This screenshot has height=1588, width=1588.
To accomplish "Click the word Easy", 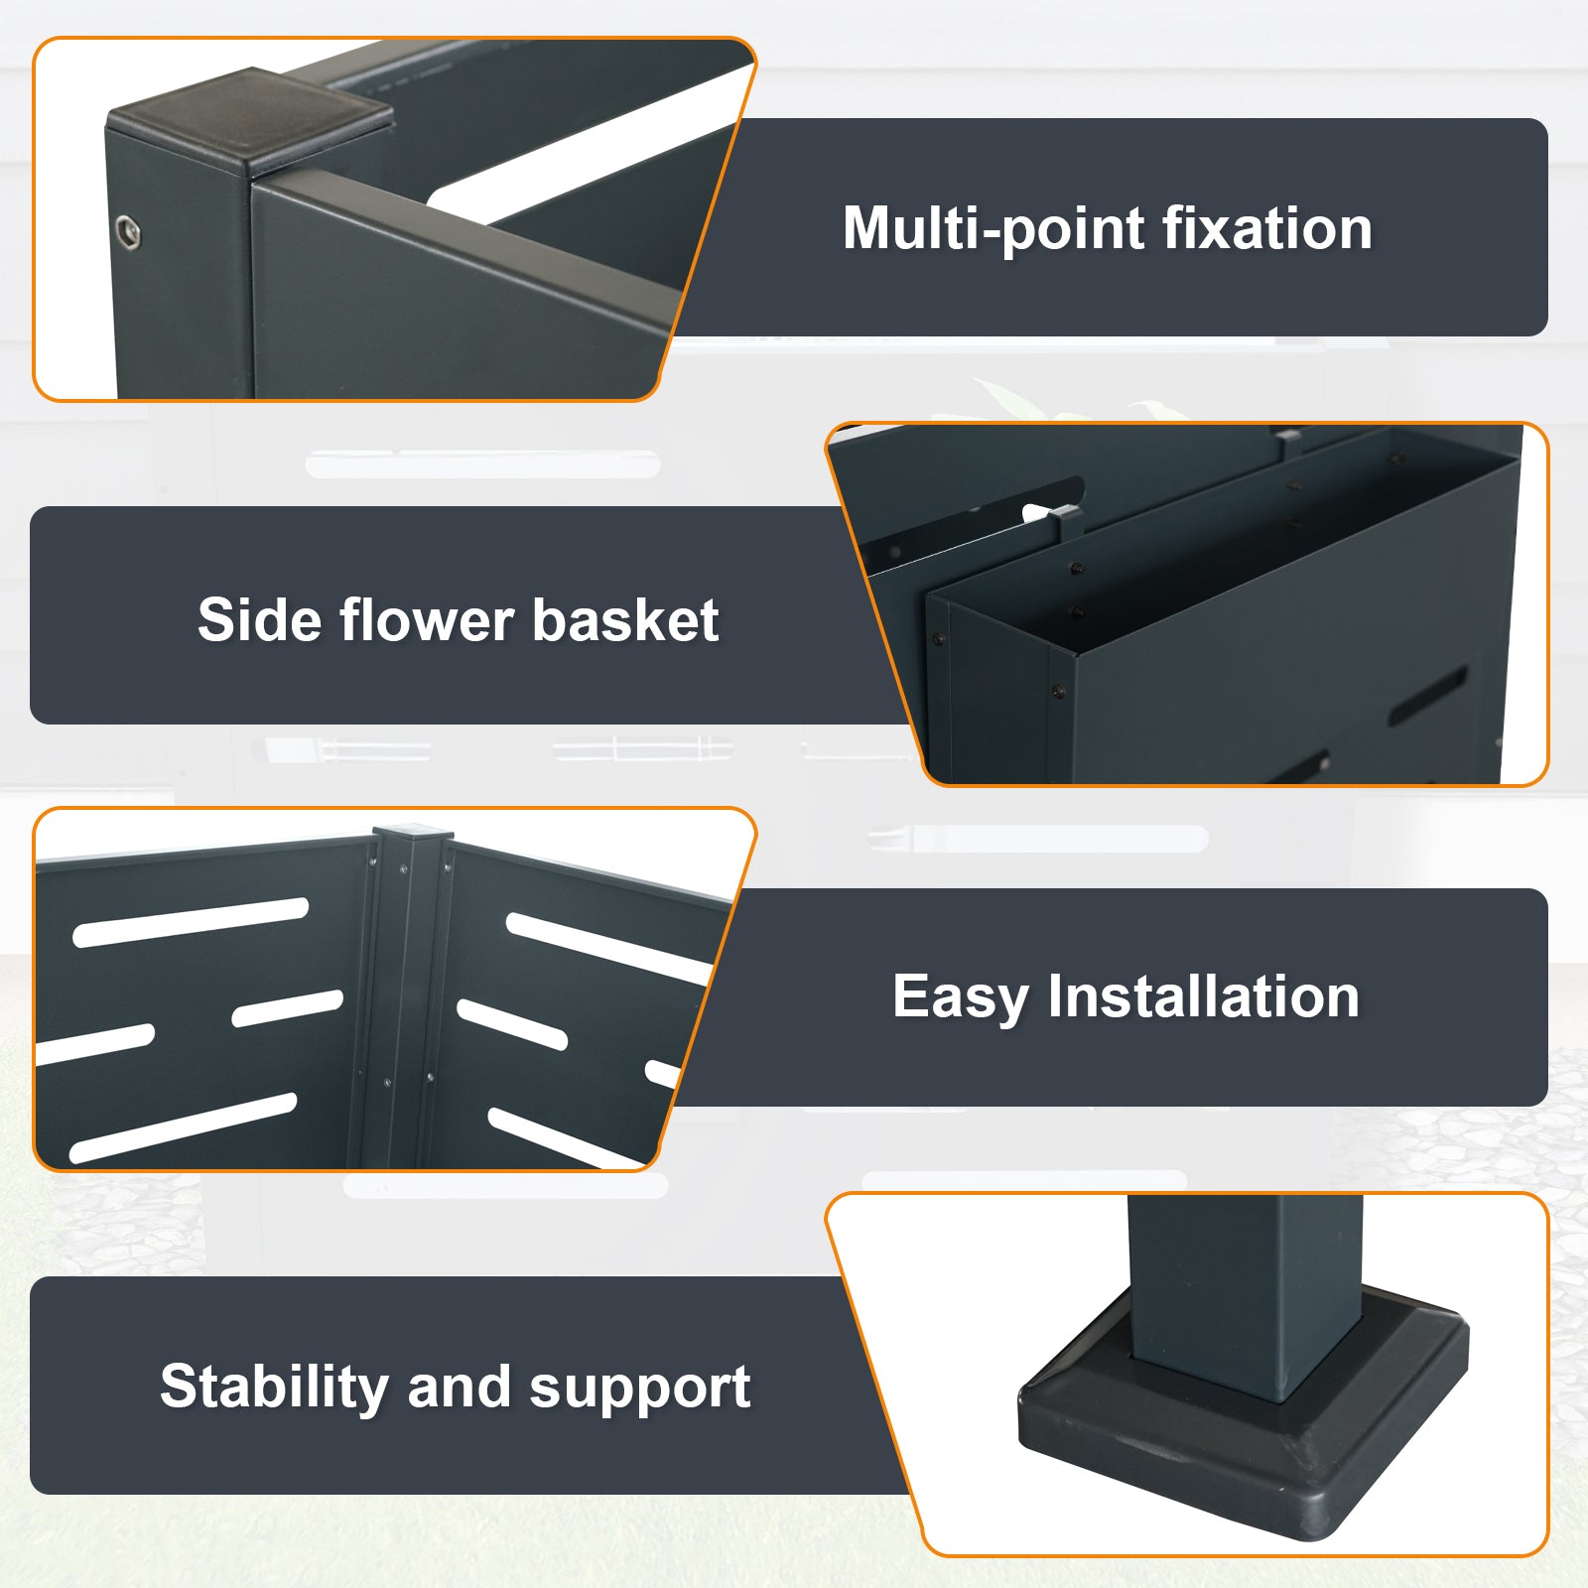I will point(960,996).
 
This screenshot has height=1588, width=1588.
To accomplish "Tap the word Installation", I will point(1204,995).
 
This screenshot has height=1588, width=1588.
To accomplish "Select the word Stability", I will point(273,1387).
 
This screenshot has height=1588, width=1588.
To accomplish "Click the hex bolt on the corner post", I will point(128,232).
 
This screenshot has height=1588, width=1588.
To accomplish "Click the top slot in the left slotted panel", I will point(191,922).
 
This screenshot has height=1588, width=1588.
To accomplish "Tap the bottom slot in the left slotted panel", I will point(184,1127).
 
